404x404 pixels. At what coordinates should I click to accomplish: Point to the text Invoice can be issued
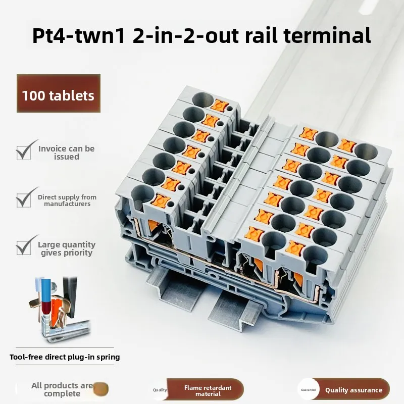coord(67,153)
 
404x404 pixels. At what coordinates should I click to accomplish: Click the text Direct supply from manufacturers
coord(67,200)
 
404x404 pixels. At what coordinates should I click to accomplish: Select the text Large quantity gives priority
coord(67,248)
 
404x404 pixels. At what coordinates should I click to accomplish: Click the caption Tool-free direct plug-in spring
coord(65,357)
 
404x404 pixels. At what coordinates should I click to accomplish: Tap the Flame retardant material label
coord(208,390)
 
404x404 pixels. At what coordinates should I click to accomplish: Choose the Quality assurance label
coord(353,390)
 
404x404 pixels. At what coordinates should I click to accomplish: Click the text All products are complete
coord(62,389)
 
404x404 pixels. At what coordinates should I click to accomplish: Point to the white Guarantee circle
coord(309,390)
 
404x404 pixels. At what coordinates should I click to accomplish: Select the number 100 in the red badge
coord(34,94)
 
